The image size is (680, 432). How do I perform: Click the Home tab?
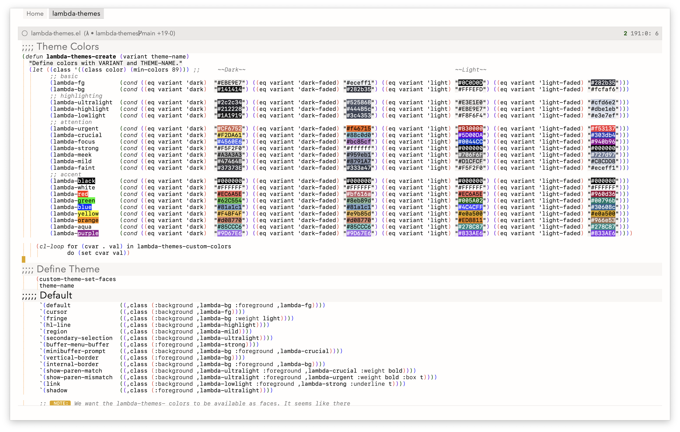(x=35, y=14)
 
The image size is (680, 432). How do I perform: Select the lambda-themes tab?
(x=76, y=14)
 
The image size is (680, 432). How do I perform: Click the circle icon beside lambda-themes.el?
(x=25, y=33)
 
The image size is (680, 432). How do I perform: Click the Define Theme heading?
(x=68, y=269)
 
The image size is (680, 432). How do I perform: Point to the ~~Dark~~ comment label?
(x=232, y=70)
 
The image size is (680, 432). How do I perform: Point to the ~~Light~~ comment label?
(x=471, y=70)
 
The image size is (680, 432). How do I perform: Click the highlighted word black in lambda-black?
(x=86, y=181)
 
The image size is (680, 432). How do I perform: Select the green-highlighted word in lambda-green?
(x=86, y=201)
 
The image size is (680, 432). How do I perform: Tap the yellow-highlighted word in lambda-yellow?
(x=88, y=214)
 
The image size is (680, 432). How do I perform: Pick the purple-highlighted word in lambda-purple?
(x=88, y=233)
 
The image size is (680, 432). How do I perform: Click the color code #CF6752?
(x=229, y=129)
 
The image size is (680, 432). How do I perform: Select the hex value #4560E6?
(x=229, y=142)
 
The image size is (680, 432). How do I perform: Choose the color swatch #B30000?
(x=470, y=129)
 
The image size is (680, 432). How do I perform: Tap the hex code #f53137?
(x=603, y=129)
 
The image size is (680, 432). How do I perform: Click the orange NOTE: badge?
(x=60, y=403)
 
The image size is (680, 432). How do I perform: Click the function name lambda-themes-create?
(x=81, y=57)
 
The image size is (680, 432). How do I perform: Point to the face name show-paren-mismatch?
(x=79, y=377)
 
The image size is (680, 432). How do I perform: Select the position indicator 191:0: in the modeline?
(x=641, y=33)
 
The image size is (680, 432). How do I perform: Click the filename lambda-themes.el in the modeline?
(x=56, y=33)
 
